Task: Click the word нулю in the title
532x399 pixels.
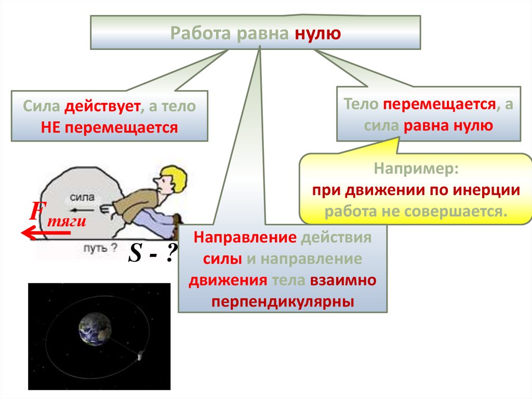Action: (318, 34)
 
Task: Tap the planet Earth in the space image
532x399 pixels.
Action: (95, 328)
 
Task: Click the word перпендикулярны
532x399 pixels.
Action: (283, 301)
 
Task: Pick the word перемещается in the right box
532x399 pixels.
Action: (439, 104)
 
